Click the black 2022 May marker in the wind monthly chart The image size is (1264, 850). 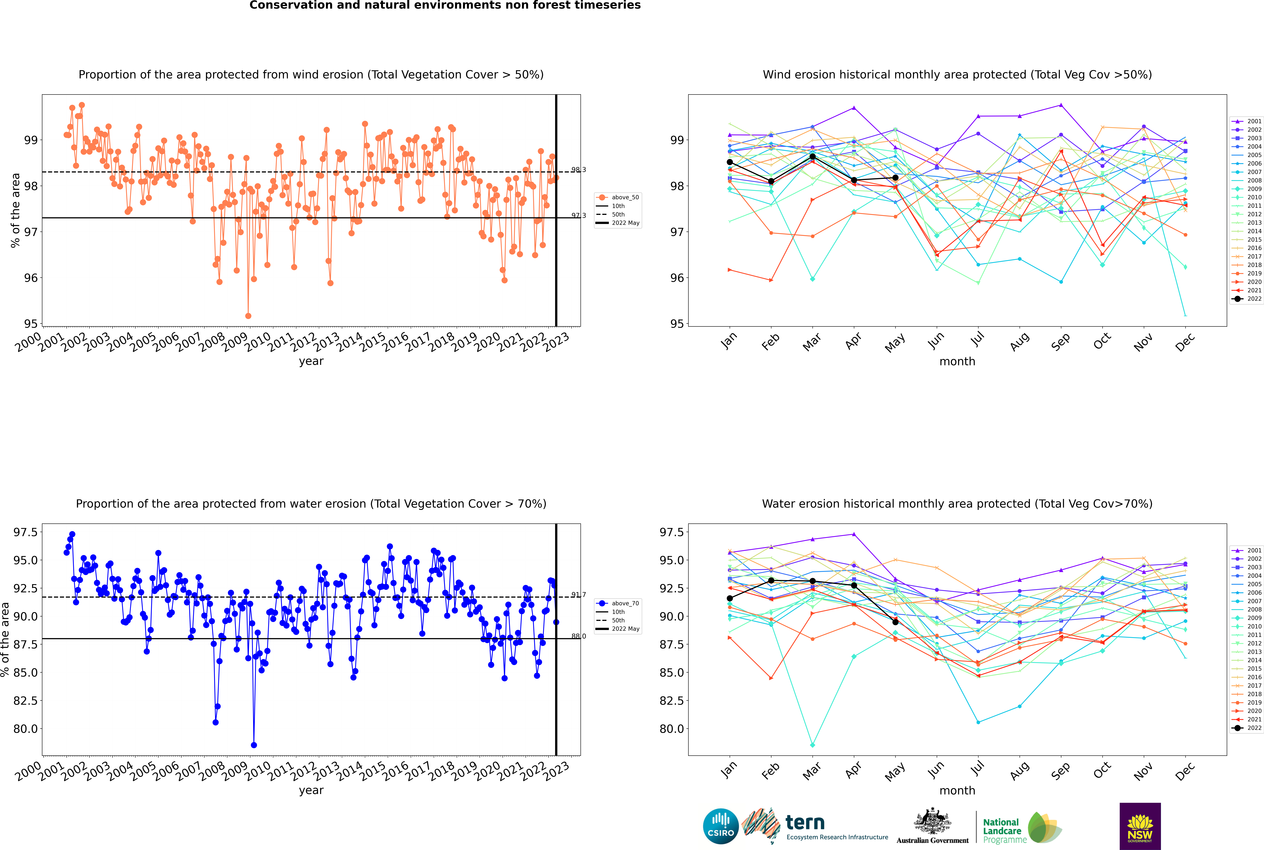tap(895, 178)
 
